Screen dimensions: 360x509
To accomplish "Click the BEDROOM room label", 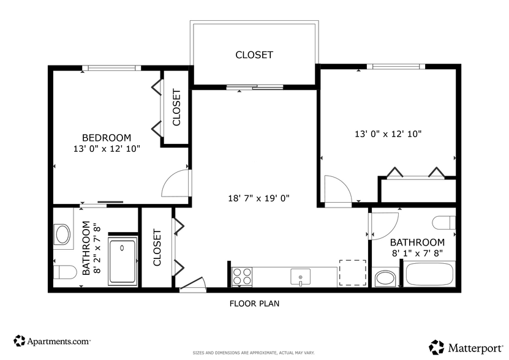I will [107, 138].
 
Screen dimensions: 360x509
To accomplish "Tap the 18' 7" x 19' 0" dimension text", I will [258, 198].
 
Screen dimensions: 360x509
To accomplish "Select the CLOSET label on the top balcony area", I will [254, 55].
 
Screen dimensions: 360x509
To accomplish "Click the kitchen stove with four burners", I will [243, 277].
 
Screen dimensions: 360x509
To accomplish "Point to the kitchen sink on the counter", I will [300, 277].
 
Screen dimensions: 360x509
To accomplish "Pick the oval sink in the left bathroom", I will [62, 233].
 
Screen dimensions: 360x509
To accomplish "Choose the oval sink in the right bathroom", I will [385, 279].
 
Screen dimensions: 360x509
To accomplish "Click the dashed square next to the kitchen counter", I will [352, 272].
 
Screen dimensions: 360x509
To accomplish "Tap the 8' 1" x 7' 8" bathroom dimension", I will [417, 252].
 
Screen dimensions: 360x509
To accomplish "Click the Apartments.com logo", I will [52, 340].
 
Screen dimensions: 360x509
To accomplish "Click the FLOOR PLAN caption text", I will [254, 303].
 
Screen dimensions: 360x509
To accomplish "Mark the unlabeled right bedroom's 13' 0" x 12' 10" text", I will [388, 133].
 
